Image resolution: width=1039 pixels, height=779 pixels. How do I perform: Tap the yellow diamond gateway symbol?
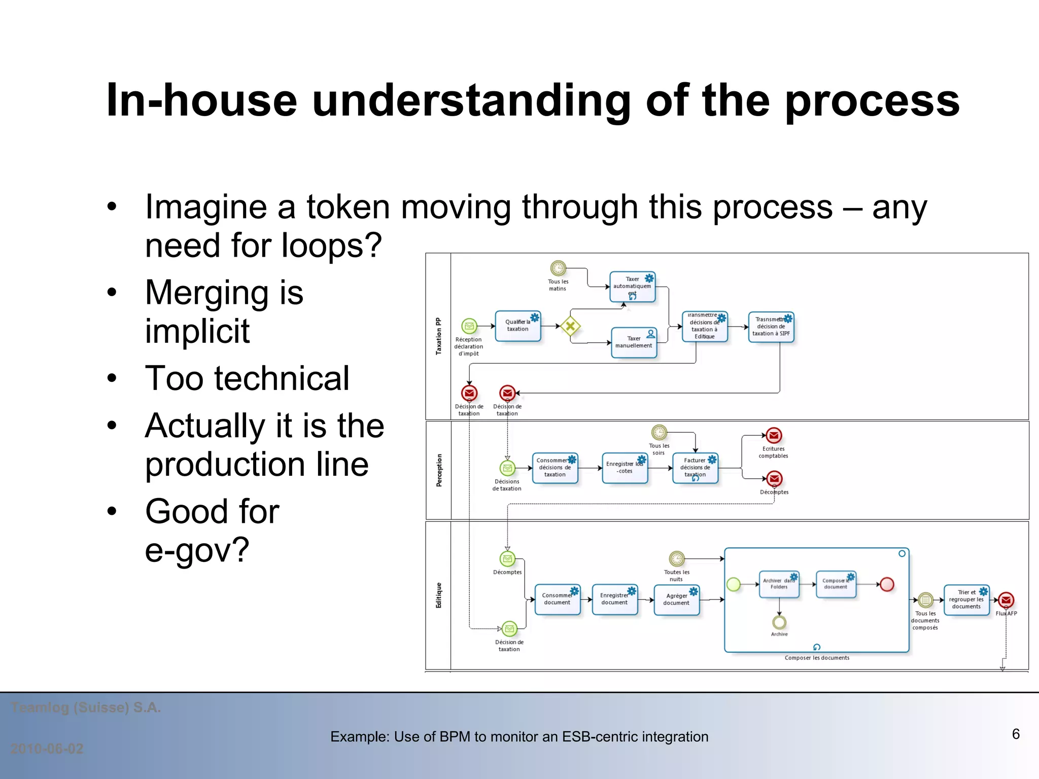click(570, 326)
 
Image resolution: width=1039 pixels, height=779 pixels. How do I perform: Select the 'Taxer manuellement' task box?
click(634, 343)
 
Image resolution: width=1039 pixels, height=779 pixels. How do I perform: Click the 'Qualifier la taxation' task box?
click(517, 326)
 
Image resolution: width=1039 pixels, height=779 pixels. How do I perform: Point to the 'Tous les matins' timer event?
click(558, 268)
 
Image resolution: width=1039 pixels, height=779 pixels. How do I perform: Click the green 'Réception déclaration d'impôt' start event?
click(469, 326)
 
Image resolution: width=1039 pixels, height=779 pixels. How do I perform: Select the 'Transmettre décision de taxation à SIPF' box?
click(771, 327)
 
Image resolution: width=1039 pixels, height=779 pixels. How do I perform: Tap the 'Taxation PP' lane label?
click(438, 336)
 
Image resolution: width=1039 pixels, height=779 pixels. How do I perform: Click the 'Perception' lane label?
click(439, 470)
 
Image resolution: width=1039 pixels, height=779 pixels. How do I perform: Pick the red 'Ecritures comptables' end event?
click(774, 435)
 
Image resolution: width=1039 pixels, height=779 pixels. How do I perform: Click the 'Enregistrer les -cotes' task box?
click(625, 468)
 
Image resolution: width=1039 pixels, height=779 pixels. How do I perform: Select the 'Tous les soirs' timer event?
click(659, 433)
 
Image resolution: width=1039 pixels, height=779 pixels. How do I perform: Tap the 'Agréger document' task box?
click(676, 599)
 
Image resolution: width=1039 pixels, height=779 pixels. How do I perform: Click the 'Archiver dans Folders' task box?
click(779, 584)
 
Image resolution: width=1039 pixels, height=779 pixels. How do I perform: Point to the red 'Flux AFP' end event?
click(1006, 600)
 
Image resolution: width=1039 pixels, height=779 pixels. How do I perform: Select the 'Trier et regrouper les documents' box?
click(966, 600)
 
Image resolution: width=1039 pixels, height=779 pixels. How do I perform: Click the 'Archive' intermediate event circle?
click(779, 622)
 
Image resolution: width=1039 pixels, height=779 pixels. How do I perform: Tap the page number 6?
click(1016, 734)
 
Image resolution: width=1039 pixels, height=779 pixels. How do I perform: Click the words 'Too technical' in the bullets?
click(247, 378)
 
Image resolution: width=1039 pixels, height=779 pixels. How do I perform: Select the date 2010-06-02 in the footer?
click(47, 749)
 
